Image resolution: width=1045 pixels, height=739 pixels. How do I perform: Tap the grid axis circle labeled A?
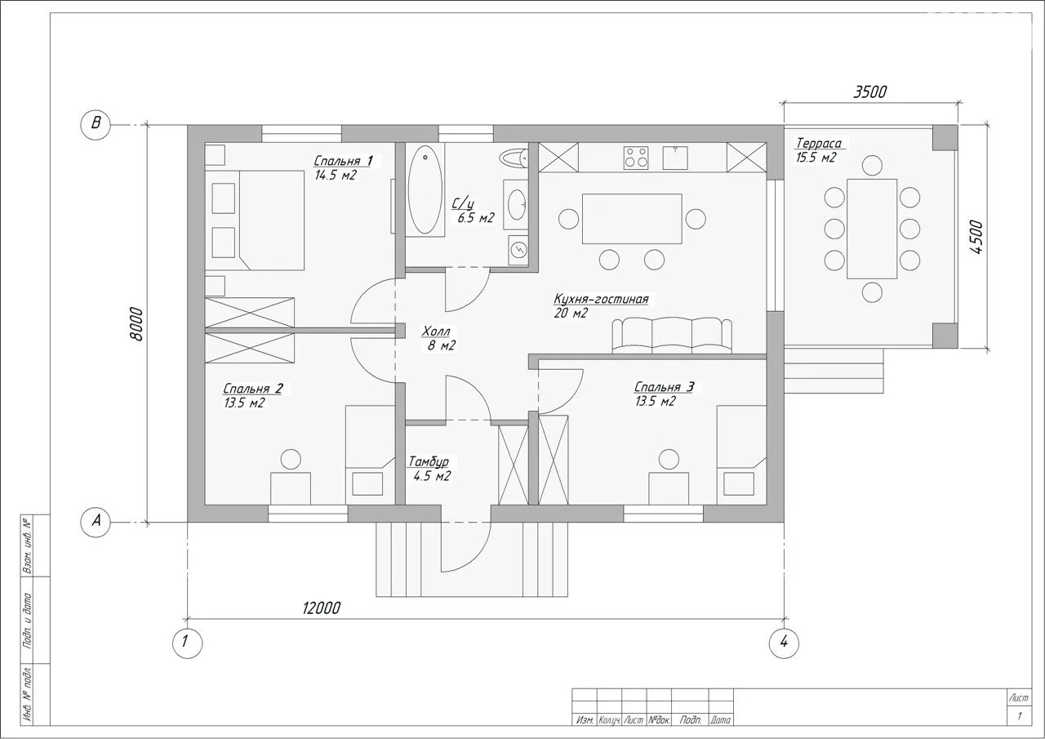pyautogui.click(x=96, y=521)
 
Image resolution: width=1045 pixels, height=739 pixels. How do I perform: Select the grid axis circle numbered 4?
pyautogui.click(x=784, y=643)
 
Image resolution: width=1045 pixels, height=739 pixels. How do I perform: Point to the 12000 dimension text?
pyautogui.click(x=322, y=608)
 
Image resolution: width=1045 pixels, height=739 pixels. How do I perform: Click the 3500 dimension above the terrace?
pyautogui.click(x=870, y=92)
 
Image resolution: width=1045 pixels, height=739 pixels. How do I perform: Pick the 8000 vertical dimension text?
pyautogui.click(x=137, y=324)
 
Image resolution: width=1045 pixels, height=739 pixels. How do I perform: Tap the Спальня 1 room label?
pyautogui.click(x=343, y=161)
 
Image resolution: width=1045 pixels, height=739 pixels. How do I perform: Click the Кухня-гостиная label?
pyautogui.click(x=602, y=299)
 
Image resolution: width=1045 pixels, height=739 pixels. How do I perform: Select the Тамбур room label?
pyautogui.click(x=429, y=461)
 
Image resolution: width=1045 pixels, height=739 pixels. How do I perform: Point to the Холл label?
pyautogui.click(x=436, y=332)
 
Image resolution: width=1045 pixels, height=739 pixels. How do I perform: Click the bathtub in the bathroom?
pyautogui.click(x=425, y=189)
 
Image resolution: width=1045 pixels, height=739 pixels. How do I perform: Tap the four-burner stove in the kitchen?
pyautogui.click(x=636, y=158)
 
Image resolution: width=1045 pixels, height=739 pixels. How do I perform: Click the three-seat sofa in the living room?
pyautogui.click(x=672, y=335)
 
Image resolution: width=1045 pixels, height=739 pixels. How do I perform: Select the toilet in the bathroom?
pyautogui.click(x=514, y=158)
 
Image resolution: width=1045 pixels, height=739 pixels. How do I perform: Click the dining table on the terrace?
pyautogui.click(x=872, y=229)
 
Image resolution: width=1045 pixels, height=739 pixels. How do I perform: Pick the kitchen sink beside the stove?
pyautogui.click(x=675, y=158)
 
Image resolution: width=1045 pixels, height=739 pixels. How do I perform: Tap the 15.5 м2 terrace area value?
pyautogui.click(x=816, y=158)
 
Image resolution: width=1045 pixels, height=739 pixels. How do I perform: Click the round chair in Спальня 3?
pyautogui.click(x=669, y=459)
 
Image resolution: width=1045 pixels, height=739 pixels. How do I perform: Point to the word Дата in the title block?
pyautogui.click(x=720, y=720)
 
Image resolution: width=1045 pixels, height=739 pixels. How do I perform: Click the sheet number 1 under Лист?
pyautogui.click(x=1020, y=715)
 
